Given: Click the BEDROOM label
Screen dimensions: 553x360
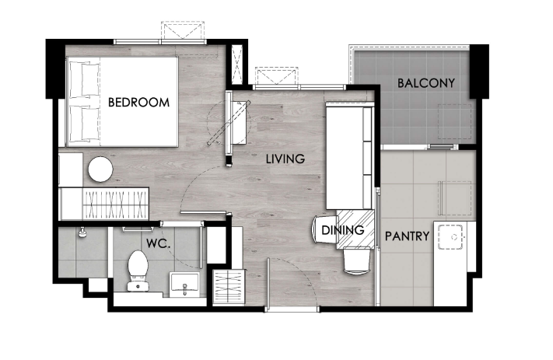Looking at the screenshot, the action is [x=138, y=103].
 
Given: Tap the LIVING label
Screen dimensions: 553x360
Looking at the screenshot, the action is [x=285, y=159].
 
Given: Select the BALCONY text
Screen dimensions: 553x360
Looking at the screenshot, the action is [x=426, y=83].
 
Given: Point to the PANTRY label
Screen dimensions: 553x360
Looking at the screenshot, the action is [x=407, y=236].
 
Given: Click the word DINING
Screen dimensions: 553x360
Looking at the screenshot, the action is [x=343, y=230].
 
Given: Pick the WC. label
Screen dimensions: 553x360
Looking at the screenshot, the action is [x=159, y=243].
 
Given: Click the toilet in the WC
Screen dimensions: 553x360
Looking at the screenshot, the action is [x=138, y=271].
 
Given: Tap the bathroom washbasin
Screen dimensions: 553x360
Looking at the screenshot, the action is [x=184, y=285].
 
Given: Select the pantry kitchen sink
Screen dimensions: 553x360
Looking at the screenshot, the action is [x=450, y=237].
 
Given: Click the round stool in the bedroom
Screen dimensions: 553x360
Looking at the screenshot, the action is [x=100, y=170].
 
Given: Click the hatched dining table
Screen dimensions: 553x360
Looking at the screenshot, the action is [x=355, y=229].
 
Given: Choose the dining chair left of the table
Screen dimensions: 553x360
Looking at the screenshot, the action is [x=324, y=229].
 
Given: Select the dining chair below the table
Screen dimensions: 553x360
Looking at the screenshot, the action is [x=357, y=260].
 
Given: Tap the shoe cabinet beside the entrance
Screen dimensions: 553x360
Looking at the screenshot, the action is [x=229, y=287].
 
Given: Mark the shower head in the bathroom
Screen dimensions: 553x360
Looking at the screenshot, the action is [x=82, y=232].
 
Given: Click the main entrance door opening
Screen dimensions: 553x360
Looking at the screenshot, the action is [x=292, y=309].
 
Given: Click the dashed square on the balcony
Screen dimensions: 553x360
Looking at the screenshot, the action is [x=455, y=121].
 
